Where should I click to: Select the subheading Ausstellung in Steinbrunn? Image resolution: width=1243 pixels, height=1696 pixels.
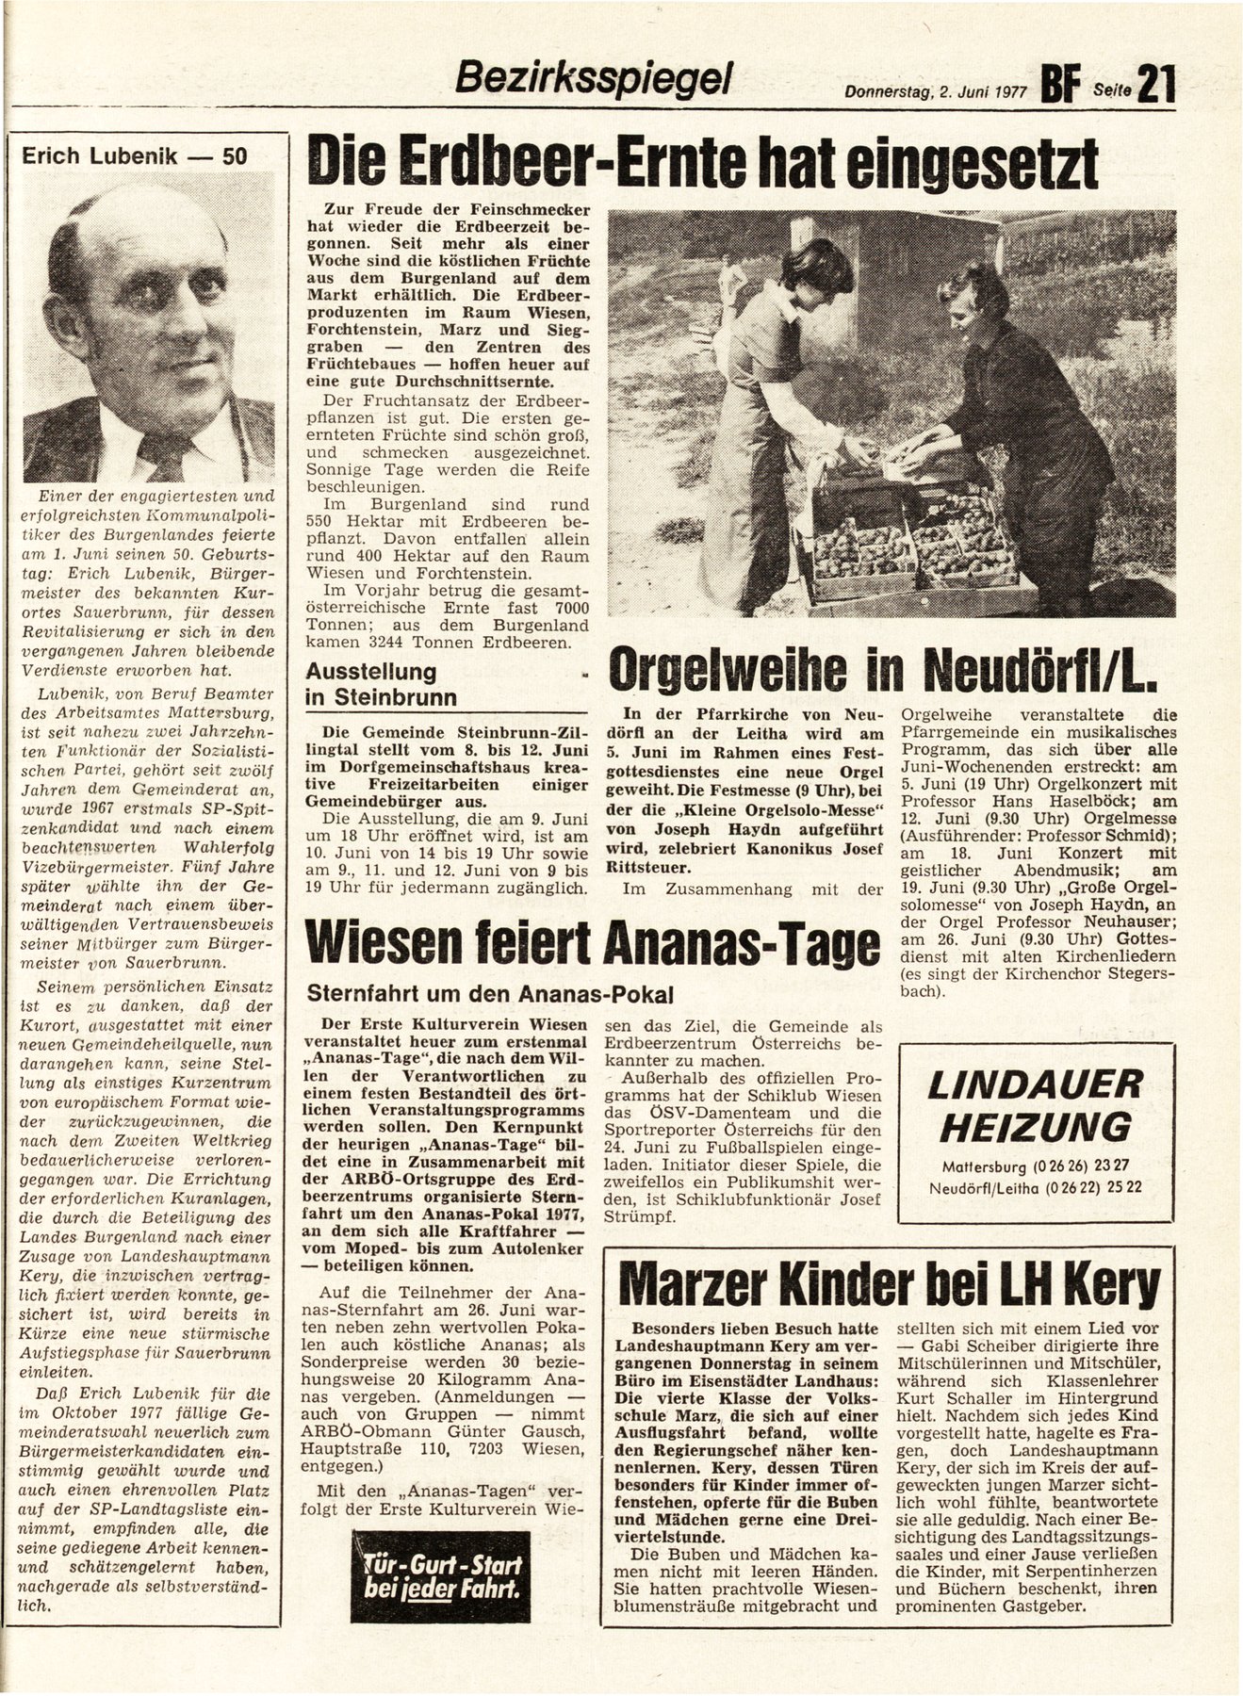pos(377,685)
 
